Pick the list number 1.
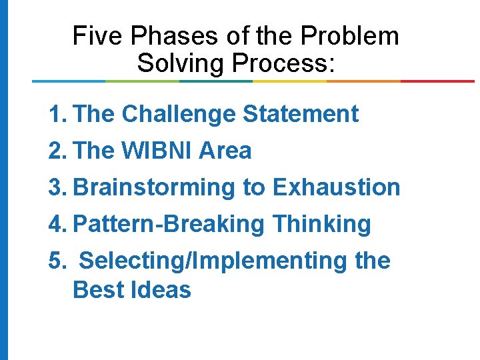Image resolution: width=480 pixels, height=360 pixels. (57, 115)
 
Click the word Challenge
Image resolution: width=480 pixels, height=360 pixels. (178, 115)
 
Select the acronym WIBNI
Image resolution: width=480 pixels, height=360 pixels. (157, 151)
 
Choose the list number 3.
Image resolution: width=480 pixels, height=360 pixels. (57, 188)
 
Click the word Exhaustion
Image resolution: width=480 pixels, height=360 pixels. (337, 188)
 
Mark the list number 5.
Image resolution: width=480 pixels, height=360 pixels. (57, 261)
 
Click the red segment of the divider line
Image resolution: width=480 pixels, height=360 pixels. (437, 81)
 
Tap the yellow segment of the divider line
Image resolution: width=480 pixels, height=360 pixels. (289, 81)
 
